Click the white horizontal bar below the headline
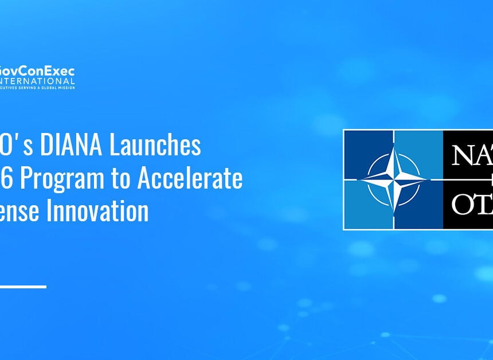(x=23, y=286)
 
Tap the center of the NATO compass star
(x=393, y=179)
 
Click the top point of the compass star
(x=393, y=148)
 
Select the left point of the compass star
(x=362, y=179)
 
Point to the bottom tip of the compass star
(x=393, y=210)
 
